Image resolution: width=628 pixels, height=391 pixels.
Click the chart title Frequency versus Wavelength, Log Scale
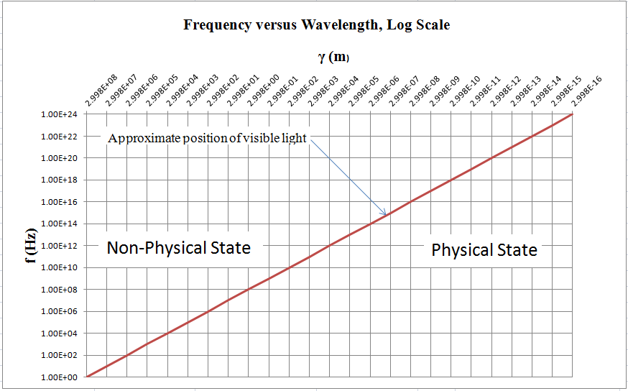click(316, 25)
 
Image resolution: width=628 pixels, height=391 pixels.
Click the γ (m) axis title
click(334, 57)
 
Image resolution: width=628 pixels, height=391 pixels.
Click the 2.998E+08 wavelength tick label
click(101, 93)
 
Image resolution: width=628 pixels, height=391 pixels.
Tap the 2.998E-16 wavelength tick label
click(585, 93)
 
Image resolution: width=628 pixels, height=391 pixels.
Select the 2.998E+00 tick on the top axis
click(262, 93)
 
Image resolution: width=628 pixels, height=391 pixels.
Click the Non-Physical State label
click(178, 248)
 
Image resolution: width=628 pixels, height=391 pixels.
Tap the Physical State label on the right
click(484, 250)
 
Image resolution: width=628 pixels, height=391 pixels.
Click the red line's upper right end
click(573, 114)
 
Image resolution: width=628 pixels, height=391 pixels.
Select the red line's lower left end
click(87, 376)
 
